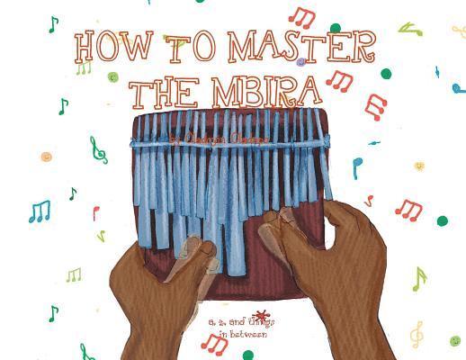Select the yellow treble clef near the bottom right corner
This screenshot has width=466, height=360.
[417, 334]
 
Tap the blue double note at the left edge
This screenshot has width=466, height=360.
[39, 211]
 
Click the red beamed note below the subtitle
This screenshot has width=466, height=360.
[216, 343]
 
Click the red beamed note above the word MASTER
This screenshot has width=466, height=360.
[301, 16]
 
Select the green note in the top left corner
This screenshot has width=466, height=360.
[53, 23]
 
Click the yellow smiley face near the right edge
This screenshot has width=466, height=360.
[418, 166]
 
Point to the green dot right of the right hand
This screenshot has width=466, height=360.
[442, 220]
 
